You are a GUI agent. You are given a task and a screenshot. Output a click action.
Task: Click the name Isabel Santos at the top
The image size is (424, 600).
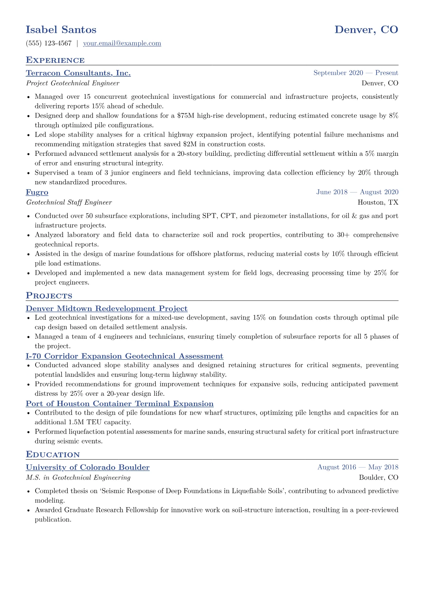61,30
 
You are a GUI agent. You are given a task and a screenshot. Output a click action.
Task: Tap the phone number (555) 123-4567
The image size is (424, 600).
49,43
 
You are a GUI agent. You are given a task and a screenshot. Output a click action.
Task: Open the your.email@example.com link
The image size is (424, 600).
122,43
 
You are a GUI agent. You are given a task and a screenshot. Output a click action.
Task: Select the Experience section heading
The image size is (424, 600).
55,60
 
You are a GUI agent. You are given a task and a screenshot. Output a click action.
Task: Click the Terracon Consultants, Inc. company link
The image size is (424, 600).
78,73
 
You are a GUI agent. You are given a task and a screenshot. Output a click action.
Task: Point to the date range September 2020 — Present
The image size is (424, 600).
356,73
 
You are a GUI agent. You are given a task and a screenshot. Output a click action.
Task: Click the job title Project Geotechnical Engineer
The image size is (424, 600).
73,83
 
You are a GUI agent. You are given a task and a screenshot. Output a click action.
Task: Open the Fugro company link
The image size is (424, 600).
37,192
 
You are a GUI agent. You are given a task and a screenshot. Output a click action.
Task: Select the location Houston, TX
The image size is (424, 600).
378,202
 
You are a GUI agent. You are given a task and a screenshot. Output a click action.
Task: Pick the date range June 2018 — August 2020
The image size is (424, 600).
357,192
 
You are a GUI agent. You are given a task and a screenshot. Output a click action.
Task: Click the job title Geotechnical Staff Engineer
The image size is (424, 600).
69,202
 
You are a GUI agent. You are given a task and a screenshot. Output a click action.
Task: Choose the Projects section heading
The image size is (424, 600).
49,296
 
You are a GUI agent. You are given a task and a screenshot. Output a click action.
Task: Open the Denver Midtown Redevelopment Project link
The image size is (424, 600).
107,309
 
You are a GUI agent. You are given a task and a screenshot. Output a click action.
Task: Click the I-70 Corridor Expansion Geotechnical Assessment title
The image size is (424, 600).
124,356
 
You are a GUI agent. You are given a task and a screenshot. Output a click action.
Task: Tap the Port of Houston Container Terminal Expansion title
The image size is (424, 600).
120,404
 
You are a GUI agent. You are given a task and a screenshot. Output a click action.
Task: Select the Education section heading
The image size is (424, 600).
53,454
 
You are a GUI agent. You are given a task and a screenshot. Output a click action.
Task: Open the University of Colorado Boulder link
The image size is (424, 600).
88,467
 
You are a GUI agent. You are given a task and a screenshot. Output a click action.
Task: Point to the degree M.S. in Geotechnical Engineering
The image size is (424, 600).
78,478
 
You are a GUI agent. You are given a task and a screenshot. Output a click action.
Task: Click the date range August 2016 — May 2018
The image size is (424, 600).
358,467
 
